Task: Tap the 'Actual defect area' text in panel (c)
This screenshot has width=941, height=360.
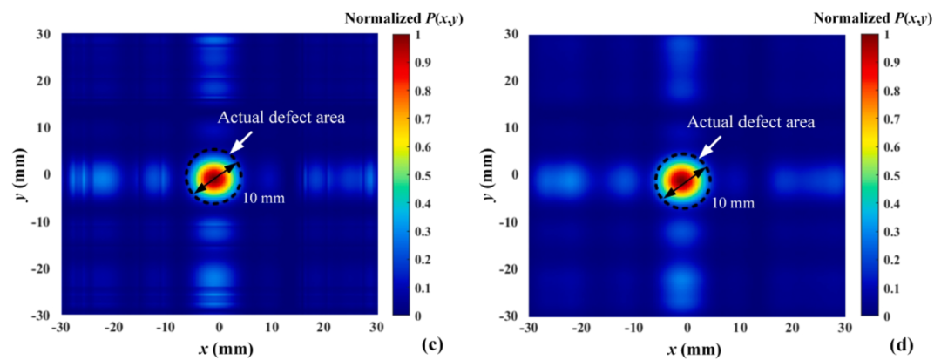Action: [282, 118]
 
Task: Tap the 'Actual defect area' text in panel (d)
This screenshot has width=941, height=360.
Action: [751, 122]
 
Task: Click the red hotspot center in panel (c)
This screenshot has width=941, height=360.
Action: [210, 178]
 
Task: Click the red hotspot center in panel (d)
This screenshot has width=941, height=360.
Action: [680, 180]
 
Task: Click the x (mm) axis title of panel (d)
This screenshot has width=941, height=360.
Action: [687, 348]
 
